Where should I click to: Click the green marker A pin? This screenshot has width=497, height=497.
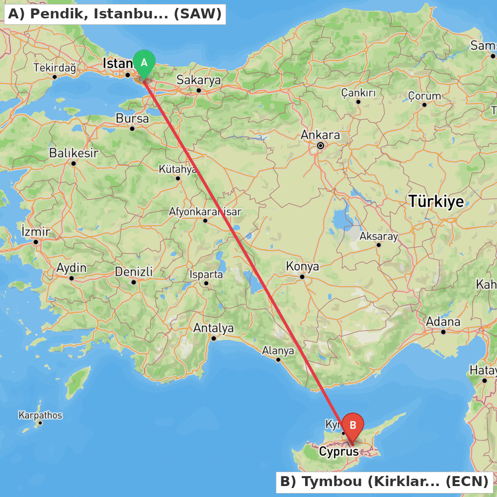pos(144,63)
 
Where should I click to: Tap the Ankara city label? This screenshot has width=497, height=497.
pos(321,135)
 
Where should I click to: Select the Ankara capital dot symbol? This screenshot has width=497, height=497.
pos(321,146)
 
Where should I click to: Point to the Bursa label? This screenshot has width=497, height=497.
pos(132,118)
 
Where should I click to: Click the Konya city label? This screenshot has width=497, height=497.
pos(302,266)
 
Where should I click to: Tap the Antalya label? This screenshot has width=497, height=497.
pos(213,328)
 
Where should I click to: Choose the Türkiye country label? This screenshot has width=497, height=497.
pos(436,201)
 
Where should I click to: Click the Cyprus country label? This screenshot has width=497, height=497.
pos(339,452)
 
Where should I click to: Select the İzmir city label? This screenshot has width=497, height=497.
pos(36,232)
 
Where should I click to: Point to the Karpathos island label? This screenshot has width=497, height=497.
pos(40,415)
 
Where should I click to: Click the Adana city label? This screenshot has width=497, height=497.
pos(443,322)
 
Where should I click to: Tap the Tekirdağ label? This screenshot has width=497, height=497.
pos(55,68)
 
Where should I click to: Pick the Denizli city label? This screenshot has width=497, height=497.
pos(134,272)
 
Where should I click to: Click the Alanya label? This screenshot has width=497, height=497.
pos(278,350)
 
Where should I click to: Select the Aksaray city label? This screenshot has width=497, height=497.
pos(379,236)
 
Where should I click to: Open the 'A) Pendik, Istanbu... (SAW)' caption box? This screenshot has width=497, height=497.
pos(115,14)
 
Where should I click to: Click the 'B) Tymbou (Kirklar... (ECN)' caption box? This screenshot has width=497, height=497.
pos(384,482)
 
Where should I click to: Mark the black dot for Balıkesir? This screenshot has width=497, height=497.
pos(74,164)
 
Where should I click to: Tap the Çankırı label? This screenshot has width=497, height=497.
pos(358,92)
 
